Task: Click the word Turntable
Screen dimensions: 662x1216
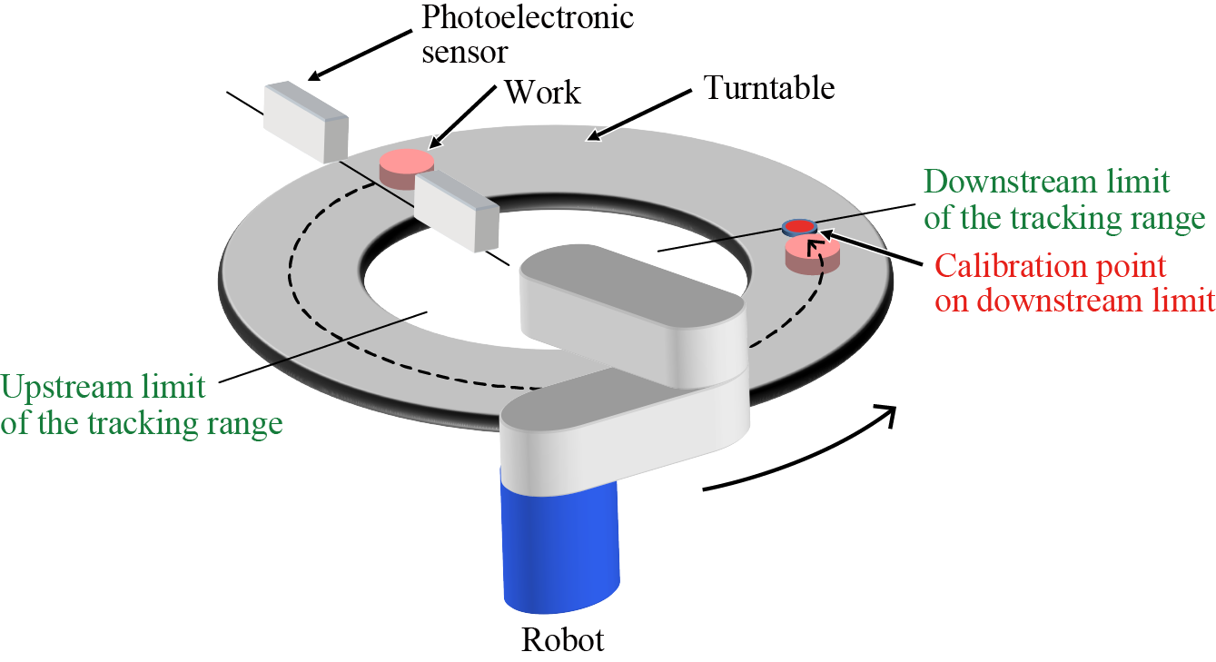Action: point(769,88)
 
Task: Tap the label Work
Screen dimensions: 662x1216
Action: point(542,91)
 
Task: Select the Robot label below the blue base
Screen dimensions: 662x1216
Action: point(562,640)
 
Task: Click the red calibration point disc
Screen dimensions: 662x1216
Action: point(799,225)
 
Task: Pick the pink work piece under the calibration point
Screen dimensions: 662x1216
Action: point(812,254)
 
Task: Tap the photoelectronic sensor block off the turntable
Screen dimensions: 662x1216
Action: point(305,121)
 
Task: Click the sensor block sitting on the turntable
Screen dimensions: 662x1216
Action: point(457,211)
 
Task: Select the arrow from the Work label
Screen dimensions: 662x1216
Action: point(462,118)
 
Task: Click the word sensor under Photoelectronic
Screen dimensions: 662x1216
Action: point(464,51)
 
